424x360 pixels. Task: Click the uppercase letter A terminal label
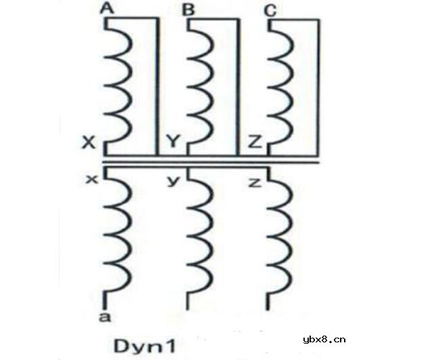tap(107, 8)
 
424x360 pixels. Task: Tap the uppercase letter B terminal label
tap(188, 9)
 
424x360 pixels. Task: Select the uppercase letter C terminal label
tap(270, 11)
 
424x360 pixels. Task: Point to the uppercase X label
tap(89, 142)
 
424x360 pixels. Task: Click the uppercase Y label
tap(173, 141)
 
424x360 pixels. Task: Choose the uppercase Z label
tap(255, 142)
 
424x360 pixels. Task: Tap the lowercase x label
tap(92, 179)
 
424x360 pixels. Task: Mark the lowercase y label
tap(173, 182)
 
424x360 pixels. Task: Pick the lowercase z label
tap(255, 183)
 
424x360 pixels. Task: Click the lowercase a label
tap(105, 317)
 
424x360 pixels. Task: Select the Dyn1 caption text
tap(145, 346)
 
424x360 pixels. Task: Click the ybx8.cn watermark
tap(324, 340)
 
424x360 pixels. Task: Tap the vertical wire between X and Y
tap(157, 87)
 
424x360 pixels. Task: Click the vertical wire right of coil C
tap(318, 88)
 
